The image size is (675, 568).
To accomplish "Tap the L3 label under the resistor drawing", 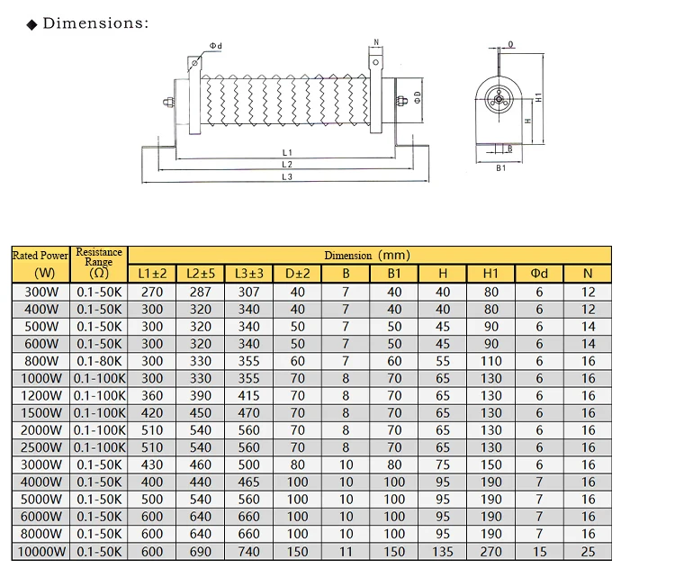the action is tap(287, 176).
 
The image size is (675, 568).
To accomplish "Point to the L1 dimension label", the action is tap(287, 152).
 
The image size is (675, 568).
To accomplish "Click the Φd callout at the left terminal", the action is tap(216, 46).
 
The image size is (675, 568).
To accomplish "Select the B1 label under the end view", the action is tap(500, 168).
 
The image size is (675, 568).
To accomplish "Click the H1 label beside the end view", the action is tap(538, 97).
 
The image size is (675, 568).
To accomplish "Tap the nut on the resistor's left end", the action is tap(167, 103).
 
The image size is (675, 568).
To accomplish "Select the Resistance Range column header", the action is tap(99, 262).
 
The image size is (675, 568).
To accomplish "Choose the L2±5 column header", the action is tap(201, 274).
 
